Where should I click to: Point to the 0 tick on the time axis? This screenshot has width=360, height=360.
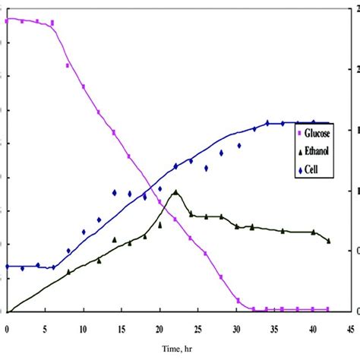coord(7,329)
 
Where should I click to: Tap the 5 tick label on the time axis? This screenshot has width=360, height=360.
coord(45,329)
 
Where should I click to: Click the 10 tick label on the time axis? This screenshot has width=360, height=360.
coord(83,329)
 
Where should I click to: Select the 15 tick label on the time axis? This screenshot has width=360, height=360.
coord(121,329)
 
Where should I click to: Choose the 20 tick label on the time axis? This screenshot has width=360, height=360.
coord(159,329)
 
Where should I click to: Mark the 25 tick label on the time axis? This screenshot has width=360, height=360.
coord(197,329)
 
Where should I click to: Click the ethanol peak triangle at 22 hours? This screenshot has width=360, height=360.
coord(175,192)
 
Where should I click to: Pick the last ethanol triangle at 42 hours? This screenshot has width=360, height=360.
coord(329,241)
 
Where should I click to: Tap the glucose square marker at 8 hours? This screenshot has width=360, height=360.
coord(68,66)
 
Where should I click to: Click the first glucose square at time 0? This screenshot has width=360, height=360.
coord(7,21)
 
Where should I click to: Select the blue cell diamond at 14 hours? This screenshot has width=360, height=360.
coord(114,193)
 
